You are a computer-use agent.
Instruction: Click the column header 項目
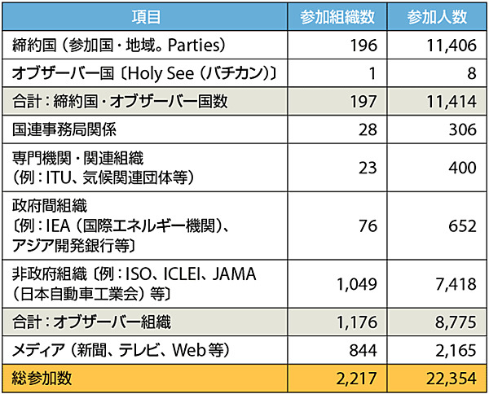click(x=148, y=15)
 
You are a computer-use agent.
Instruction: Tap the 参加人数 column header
click(x=437, y=15)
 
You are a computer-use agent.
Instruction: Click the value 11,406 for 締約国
click(x=447, y=45)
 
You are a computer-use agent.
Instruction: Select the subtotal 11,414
click(x=447, y=102)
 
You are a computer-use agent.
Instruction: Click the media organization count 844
click(x=363, y=350)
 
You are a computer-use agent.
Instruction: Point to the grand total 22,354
click(x=447, y=379)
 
